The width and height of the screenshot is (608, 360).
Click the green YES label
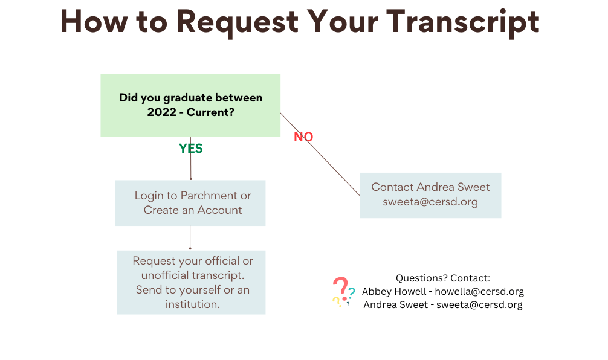(191, 149)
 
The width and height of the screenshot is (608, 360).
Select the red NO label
(303, 137)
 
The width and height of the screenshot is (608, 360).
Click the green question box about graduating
(190, 105)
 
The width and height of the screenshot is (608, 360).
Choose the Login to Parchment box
(190, 203)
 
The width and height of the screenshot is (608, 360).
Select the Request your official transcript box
(191, 282)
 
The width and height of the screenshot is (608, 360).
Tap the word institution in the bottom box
(192, 304)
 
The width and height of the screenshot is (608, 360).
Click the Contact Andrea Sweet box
(430, 194)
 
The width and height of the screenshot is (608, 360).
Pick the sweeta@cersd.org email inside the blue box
(430, 202)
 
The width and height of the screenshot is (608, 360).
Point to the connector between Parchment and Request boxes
(190, 237)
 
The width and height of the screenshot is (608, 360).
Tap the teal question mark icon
(351, 293)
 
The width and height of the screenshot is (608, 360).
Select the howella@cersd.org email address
(479, 291)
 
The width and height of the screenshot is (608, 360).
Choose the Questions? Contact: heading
(443, 278)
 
